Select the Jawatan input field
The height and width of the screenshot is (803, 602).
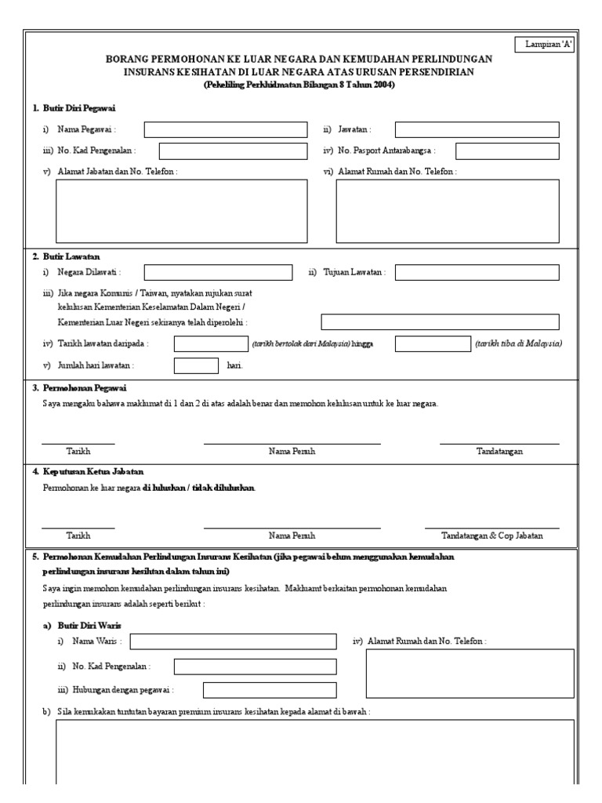tap(477, 129)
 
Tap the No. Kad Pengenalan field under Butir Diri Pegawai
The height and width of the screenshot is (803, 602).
tap(233, 151)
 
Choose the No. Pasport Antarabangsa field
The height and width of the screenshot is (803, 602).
tap(507, 151)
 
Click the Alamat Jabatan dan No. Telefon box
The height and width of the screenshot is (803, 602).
tap(181, 210)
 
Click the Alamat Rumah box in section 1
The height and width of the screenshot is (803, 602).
tap(447, 210)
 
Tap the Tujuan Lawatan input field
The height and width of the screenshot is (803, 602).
tap(477, 272)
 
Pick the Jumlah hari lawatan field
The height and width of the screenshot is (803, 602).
tap(196, 365)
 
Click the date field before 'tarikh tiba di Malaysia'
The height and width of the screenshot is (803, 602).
tap(432, 343)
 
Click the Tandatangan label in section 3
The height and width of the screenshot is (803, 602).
tap(499, 452)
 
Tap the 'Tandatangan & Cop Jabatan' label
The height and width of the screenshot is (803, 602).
tap(491, 536)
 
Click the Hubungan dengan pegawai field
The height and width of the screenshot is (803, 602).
tap(270, 690)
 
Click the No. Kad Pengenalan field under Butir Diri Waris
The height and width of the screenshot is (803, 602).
tap(255, 667)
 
